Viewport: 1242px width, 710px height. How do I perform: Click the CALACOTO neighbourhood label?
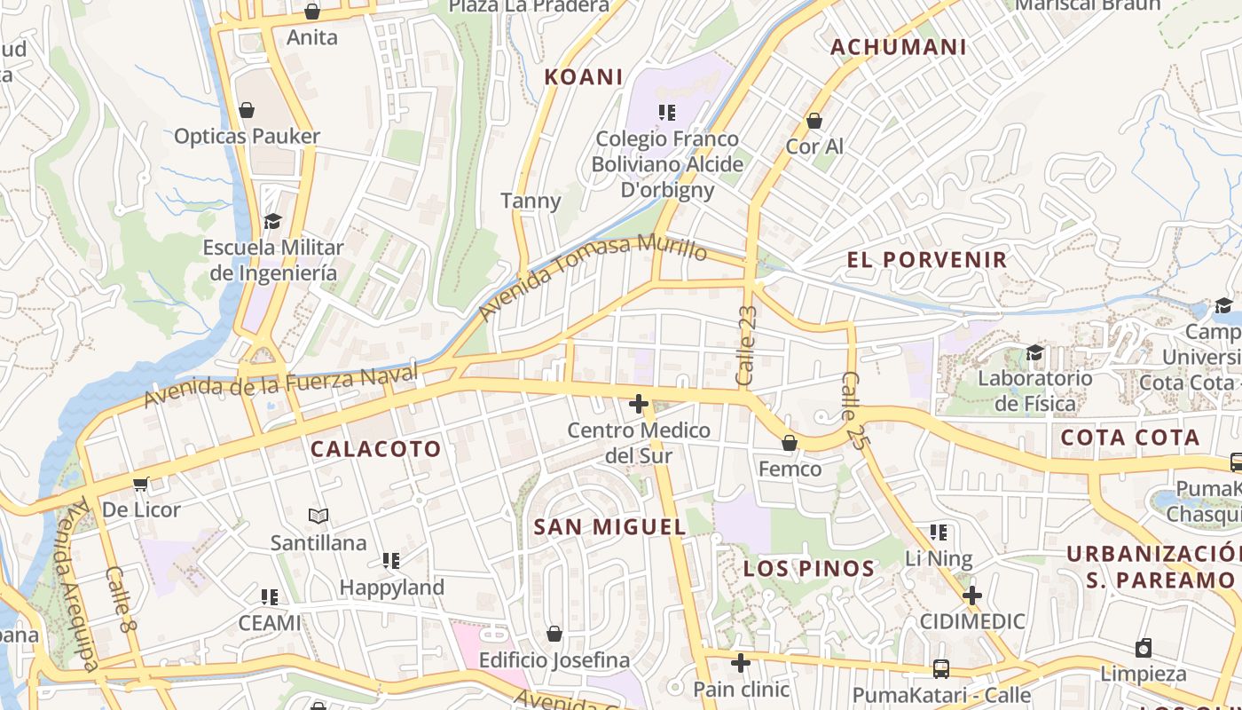point(376,449)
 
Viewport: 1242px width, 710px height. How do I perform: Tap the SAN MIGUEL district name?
point(609,527)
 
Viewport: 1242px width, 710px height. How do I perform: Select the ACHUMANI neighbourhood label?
point(898,47)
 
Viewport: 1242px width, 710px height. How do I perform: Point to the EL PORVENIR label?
point(927,260)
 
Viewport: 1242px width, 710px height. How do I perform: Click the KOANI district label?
point(583,77)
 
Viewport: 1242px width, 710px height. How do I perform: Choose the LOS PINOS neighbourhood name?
point(809,569)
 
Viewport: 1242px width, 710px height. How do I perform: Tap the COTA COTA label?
point(1129,438)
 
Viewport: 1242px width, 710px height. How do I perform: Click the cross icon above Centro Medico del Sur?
point(638,405)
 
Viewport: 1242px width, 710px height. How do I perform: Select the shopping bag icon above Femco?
point(789,443)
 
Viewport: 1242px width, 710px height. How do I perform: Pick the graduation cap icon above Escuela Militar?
point(272,221)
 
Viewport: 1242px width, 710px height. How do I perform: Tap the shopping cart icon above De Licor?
point(140,485)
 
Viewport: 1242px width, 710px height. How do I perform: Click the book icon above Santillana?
point(318,516)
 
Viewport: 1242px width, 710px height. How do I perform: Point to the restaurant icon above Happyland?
point(391,561)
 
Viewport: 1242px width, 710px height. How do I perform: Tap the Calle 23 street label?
point(746,345)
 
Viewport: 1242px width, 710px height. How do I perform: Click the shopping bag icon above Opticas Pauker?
point(247,111)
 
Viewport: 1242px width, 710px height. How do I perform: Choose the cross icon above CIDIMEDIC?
point(972,595)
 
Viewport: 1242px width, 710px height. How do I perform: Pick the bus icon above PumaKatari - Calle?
point(940,669)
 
